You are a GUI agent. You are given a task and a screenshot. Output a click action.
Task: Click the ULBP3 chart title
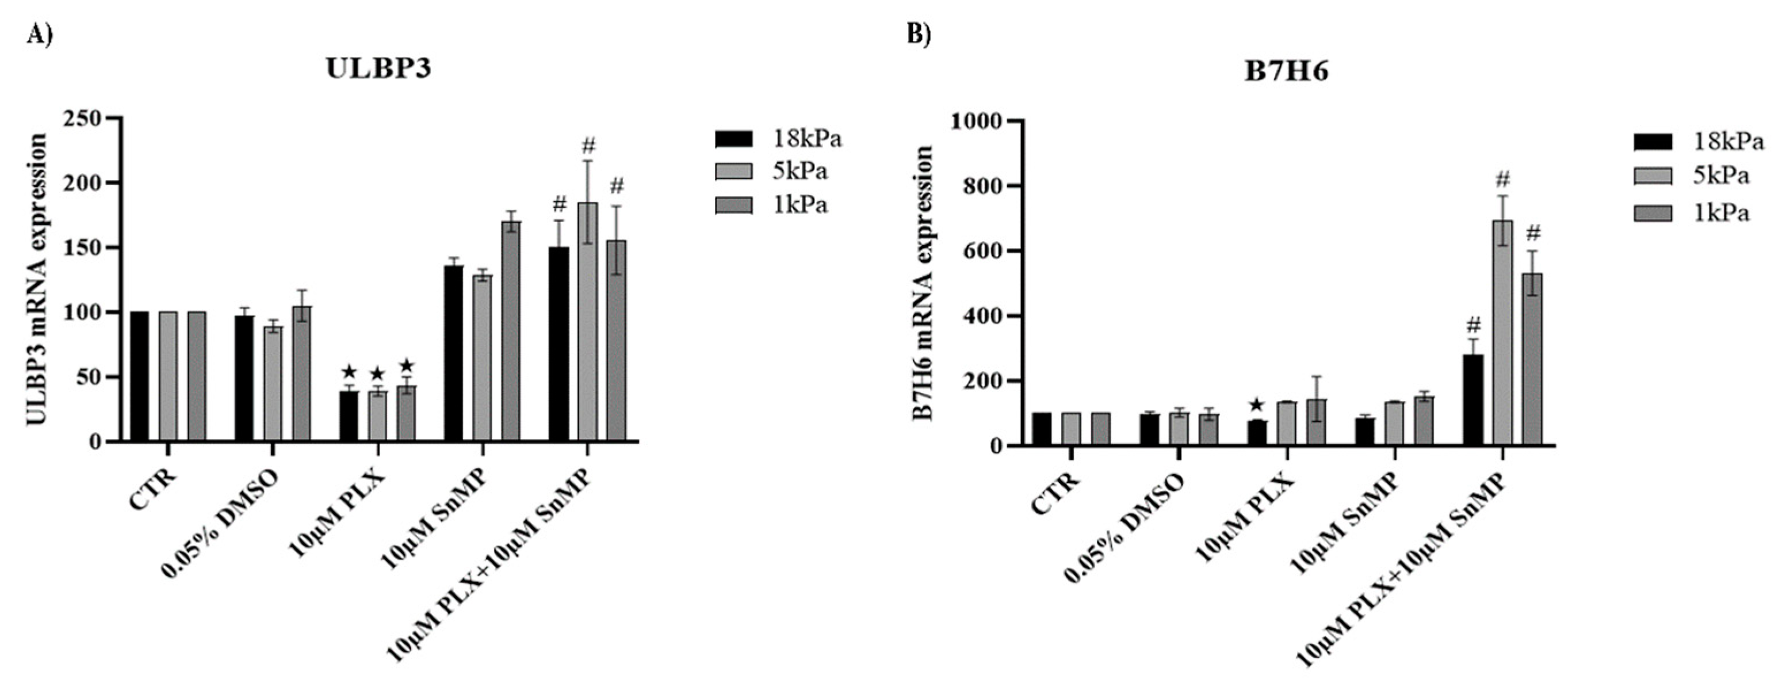378,70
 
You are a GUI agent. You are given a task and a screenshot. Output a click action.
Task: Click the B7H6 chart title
1286,73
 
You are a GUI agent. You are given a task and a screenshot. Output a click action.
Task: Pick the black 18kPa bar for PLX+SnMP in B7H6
1473,400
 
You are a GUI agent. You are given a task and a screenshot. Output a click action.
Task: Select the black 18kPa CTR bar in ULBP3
139,376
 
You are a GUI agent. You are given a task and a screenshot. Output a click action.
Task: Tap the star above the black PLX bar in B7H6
1257,405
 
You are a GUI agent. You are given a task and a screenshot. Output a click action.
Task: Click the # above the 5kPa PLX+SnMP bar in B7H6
1503,180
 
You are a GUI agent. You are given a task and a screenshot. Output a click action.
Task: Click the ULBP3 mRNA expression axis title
38,279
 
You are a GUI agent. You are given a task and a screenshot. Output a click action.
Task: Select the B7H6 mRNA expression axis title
922,283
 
